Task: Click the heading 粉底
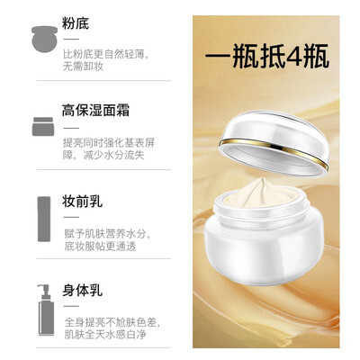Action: [76, 23]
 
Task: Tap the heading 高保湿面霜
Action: [95, 110]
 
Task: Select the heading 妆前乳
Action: [82, 202]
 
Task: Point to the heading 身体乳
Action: [82, 291]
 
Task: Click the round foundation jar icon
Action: [44, 39]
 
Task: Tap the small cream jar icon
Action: [43, 127]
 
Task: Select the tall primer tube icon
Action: [44, 219]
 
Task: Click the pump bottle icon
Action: [46, 310]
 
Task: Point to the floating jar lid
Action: [274, 143]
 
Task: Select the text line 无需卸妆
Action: [83, 66]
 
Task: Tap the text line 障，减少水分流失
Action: [103, 155]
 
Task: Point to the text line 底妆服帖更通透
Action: [100, 246]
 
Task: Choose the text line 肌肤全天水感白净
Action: [105, 335]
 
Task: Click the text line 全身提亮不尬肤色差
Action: [111, 322]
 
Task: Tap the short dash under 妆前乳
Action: [71, 217]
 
